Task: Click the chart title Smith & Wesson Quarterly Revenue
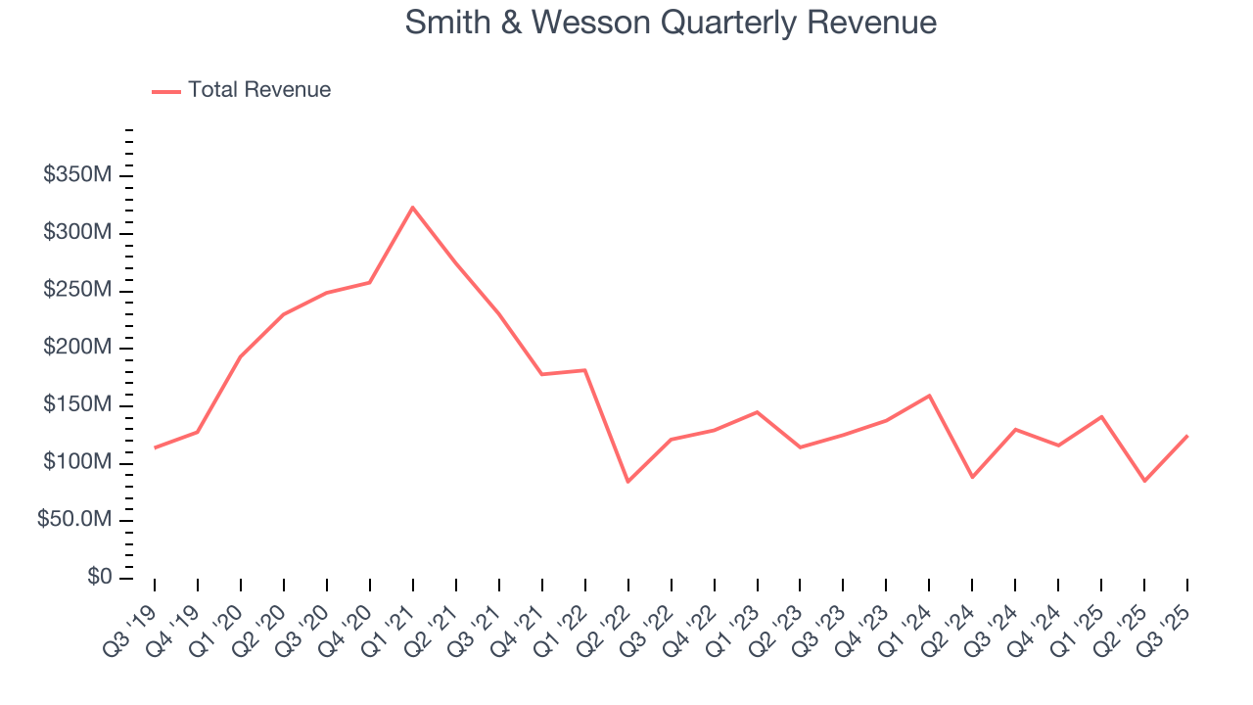671,23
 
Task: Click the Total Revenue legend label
259,90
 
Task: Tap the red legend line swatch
166,91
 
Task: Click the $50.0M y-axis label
75,520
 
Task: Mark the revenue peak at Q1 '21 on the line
413,207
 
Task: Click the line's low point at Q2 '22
627,482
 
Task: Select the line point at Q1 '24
929,396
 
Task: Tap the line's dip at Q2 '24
972,477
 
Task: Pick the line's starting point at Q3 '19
155,447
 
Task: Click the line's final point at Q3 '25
1187,436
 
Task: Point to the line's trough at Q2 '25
1144,481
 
